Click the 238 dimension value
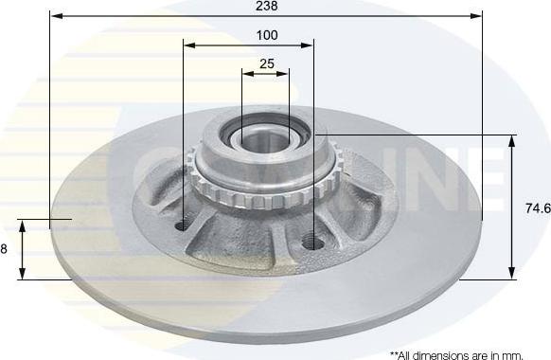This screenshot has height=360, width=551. [x=266, y=6]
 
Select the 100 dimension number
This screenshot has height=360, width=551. [x=267, y=35]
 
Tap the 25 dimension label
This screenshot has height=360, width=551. [x=267, y=63]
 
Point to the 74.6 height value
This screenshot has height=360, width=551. [x=538, y=208]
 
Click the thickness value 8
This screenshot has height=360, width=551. [x=4, y=249]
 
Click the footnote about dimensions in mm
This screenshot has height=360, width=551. [x=456, y=355]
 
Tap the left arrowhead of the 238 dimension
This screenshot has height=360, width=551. [x=57, y=16]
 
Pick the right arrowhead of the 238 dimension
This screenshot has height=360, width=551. [x=476, y=16]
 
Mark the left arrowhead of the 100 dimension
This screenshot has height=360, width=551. [x=189, y=45]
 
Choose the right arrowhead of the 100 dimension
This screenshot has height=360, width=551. [x=307, y=45]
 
